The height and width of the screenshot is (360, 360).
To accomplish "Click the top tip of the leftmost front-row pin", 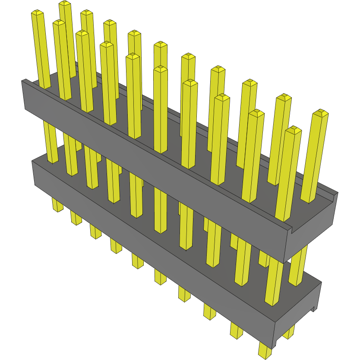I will point(38,13).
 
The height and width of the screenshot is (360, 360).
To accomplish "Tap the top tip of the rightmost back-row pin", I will point(320,113).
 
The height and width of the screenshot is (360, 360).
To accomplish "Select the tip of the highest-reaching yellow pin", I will point(65,3).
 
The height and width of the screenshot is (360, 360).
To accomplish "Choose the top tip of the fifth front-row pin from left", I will point(133,56).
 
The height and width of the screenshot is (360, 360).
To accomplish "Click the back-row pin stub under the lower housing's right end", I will point(289,332).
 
